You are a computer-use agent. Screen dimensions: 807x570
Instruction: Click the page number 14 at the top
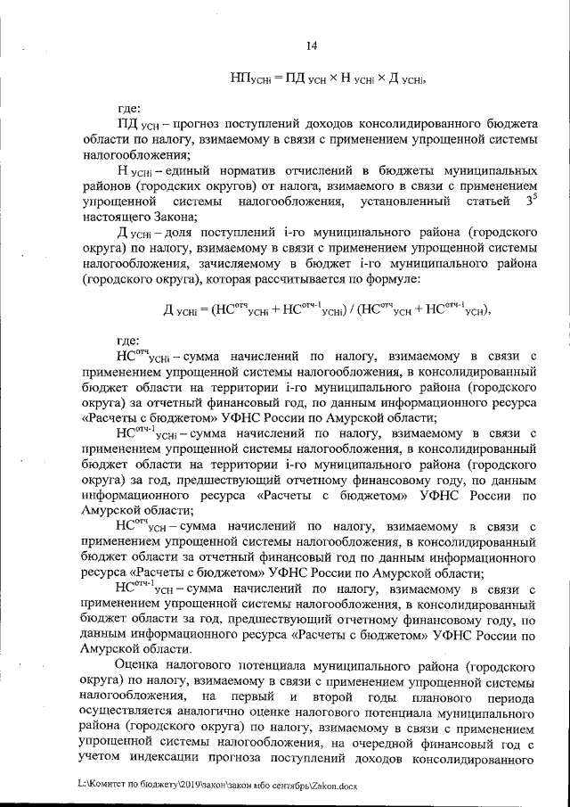pyautogui.click(x=312, y=46)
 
